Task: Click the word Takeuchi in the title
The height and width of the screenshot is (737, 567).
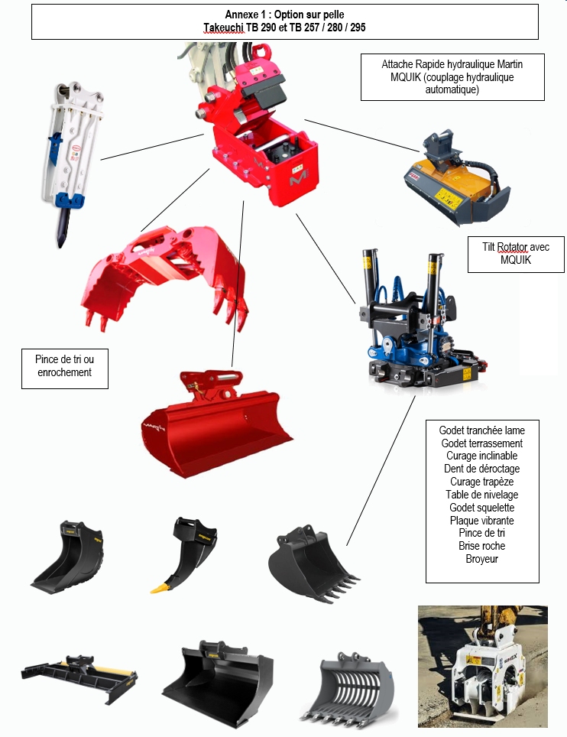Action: click(224, 28)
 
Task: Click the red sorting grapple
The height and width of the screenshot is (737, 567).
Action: click(164, 276)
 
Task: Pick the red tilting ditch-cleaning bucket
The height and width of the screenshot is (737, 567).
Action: click(216, 423)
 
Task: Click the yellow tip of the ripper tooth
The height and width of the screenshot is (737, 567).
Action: click(160, 587)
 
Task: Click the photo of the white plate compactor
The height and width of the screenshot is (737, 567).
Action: click(483, 666)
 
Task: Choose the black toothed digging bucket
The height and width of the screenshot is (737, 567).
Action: click(313, 564)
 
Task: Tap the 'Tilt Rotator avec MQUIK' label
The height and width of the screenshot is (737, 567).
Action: click(516, 255)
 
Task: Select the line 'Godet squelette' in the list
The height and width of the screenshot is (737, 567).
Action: click(482, 508)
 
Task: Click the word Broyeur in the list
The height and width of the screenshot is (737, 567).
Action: click(482, 559)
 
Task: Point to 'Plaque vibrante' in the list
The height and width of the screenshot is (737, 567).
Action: click(482, 521)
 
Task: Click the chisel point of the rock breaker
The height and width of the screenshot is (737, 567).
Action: click(61, 243)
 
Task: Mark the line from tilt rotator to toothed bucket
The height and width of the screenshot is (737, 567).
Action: click(381, 470)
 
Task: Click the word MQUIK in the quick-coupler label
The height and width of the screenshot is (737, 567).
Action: click(406, 77)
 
